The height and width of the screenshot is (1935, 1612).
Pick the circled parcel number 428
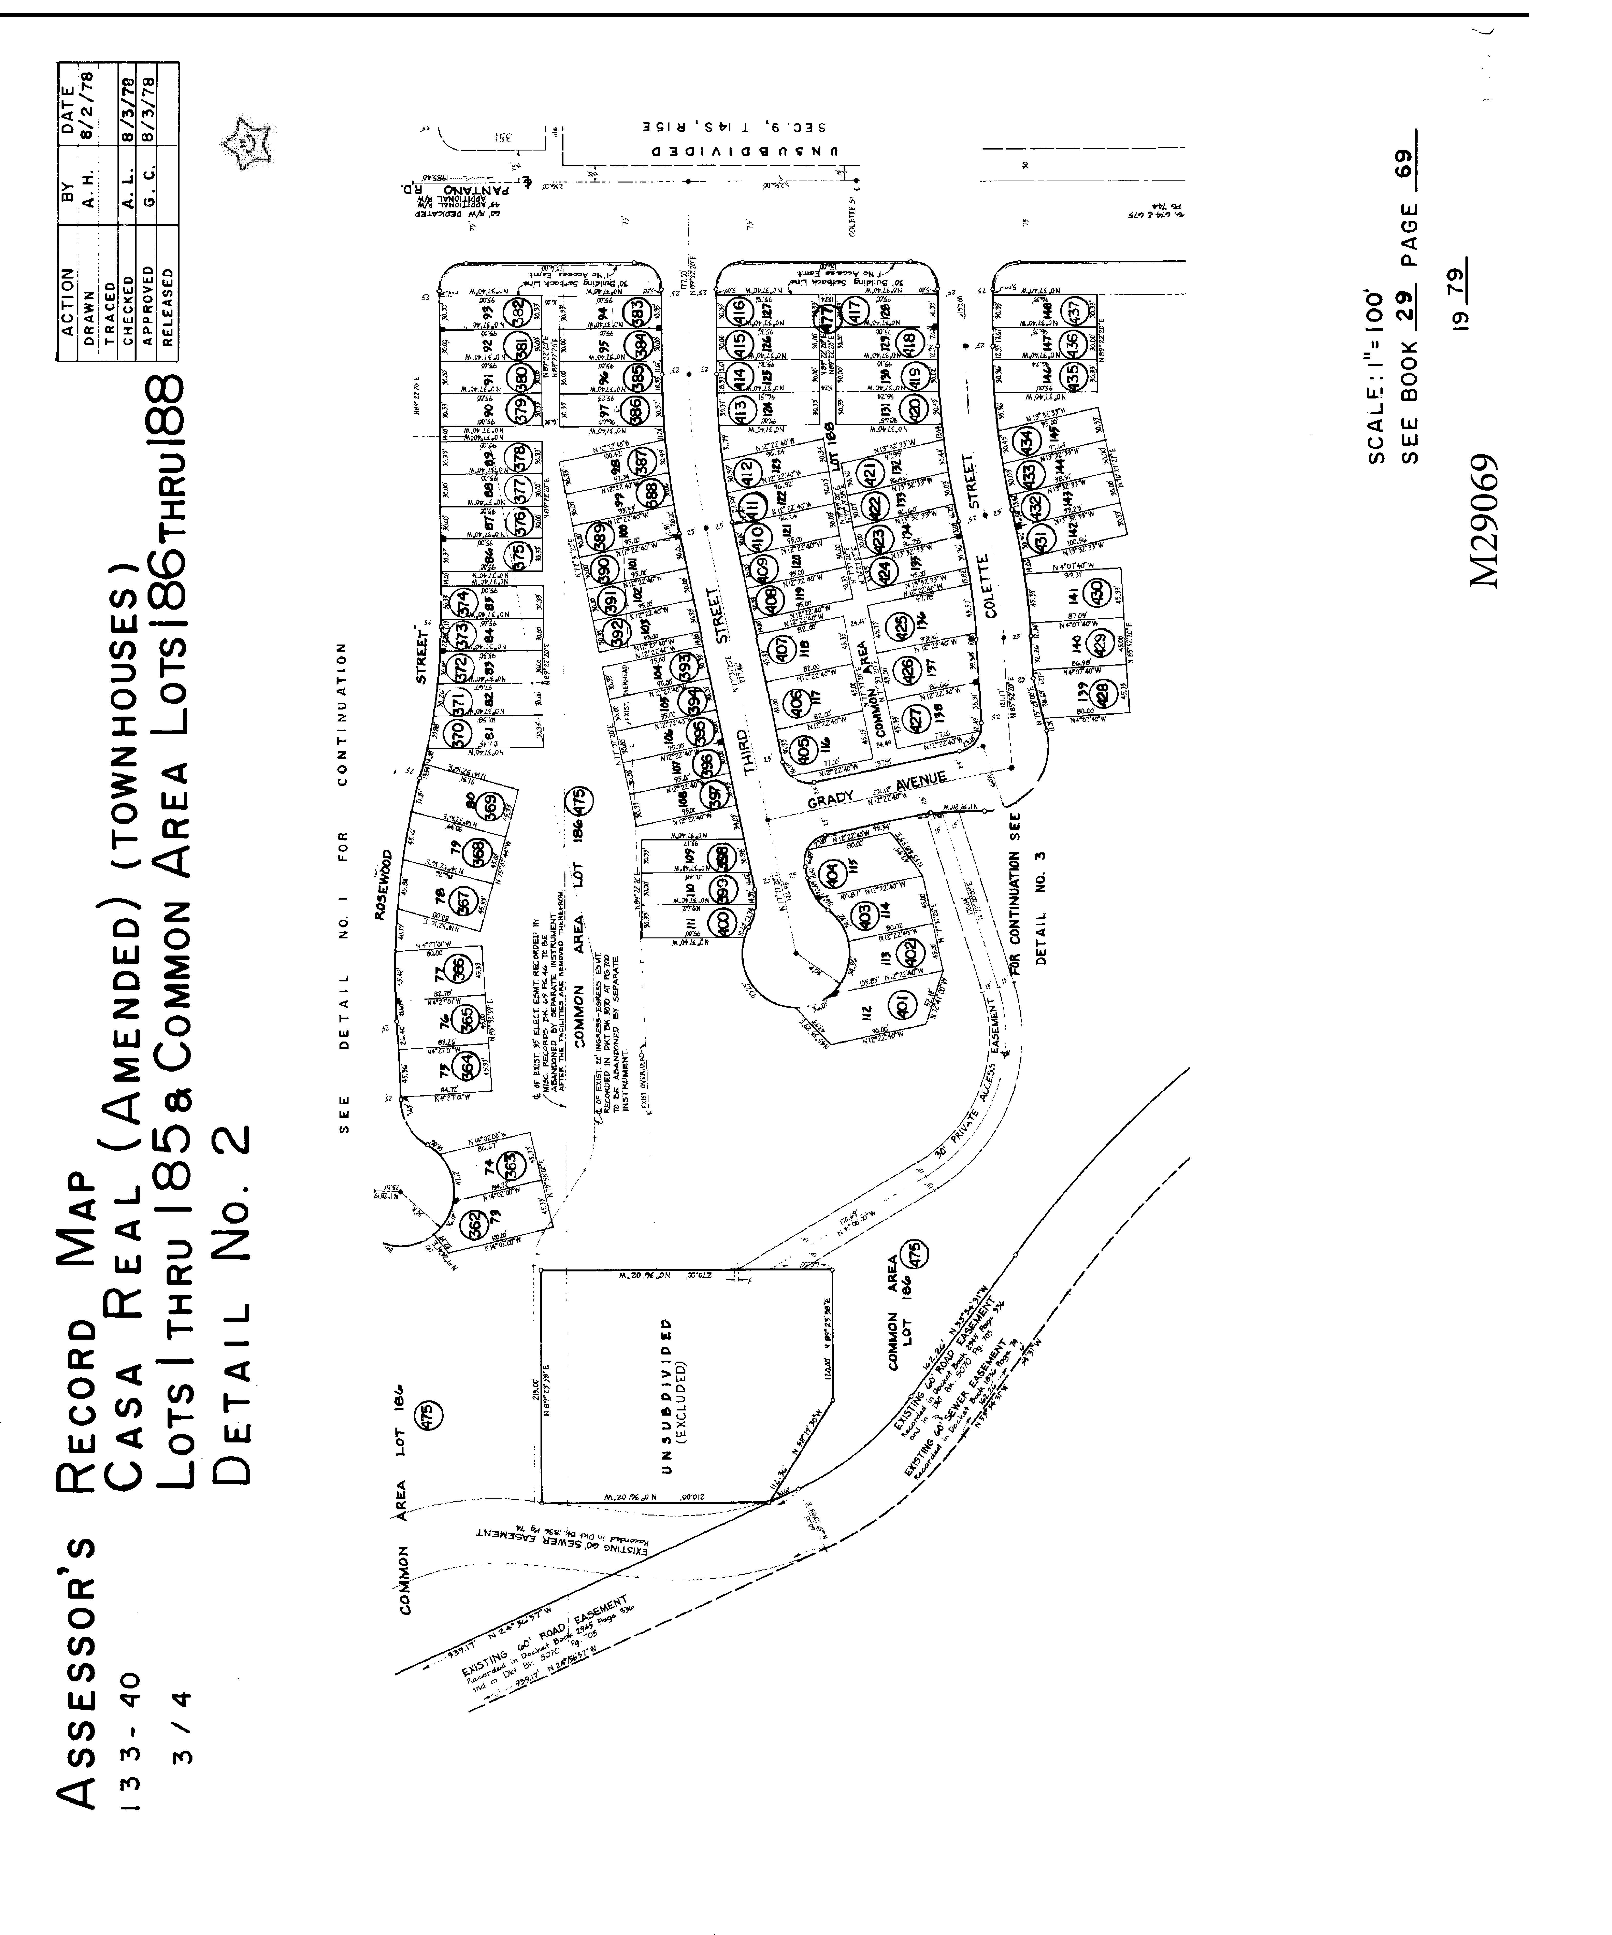click(1102, 691)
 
